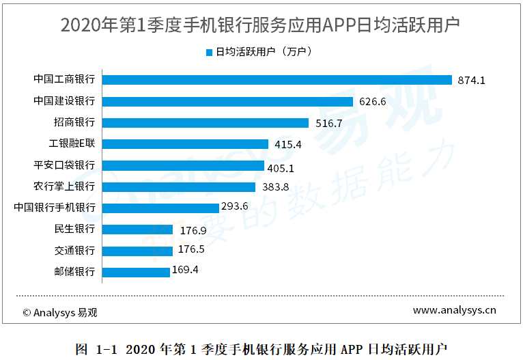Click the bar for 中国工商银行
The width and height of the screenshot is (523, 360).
277,80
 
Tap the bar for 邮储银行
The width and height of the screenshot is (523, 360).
135,272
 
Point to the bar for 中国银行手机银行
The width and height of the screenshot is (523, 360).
160,208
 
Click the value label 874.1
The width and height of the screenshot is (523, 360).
471,80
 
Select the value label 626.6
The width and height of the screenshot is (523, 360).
373,102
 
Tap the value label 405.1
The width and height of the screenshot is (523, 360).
281,165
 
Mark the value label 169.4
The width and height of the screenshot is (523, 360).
185,270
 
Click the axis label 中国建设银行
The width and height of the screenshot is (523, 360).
64,101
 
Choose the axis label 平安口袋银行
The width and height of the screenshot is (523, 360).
64,165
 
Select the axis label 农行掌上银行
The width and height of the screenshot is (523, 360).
64,186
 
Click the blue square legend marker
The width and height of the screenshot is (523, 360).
210,51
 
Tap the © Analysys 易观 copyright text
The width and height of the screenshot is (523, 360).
60,313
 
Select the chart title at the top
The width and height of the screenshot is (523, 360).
260,25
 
